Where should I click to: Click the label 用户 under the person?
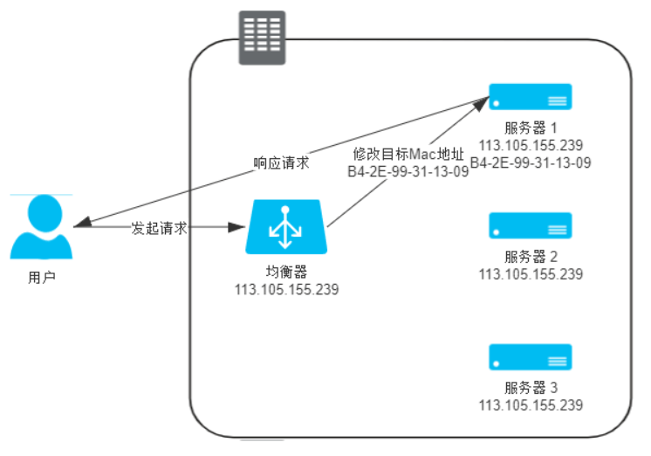coord(41,279)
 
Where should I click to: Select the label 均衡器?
coord(285,272)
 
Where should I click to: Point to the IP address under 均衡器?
coord(286,288)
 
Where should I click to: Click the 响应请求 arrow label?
coord(281,163)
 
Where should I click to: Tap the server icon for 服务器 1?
coord(530,96)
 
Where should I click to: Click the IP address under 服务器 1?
coord(531,145)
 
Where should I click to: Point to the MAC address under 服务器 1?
coord(531,162)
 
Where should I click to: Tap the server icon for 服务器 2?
coord(530,226)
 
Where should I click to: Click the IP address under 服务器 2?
coord(531,274)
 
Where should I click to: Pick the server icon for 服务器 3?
coord(530,357)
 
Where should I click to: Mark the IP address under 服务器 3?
coord(531,405)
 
